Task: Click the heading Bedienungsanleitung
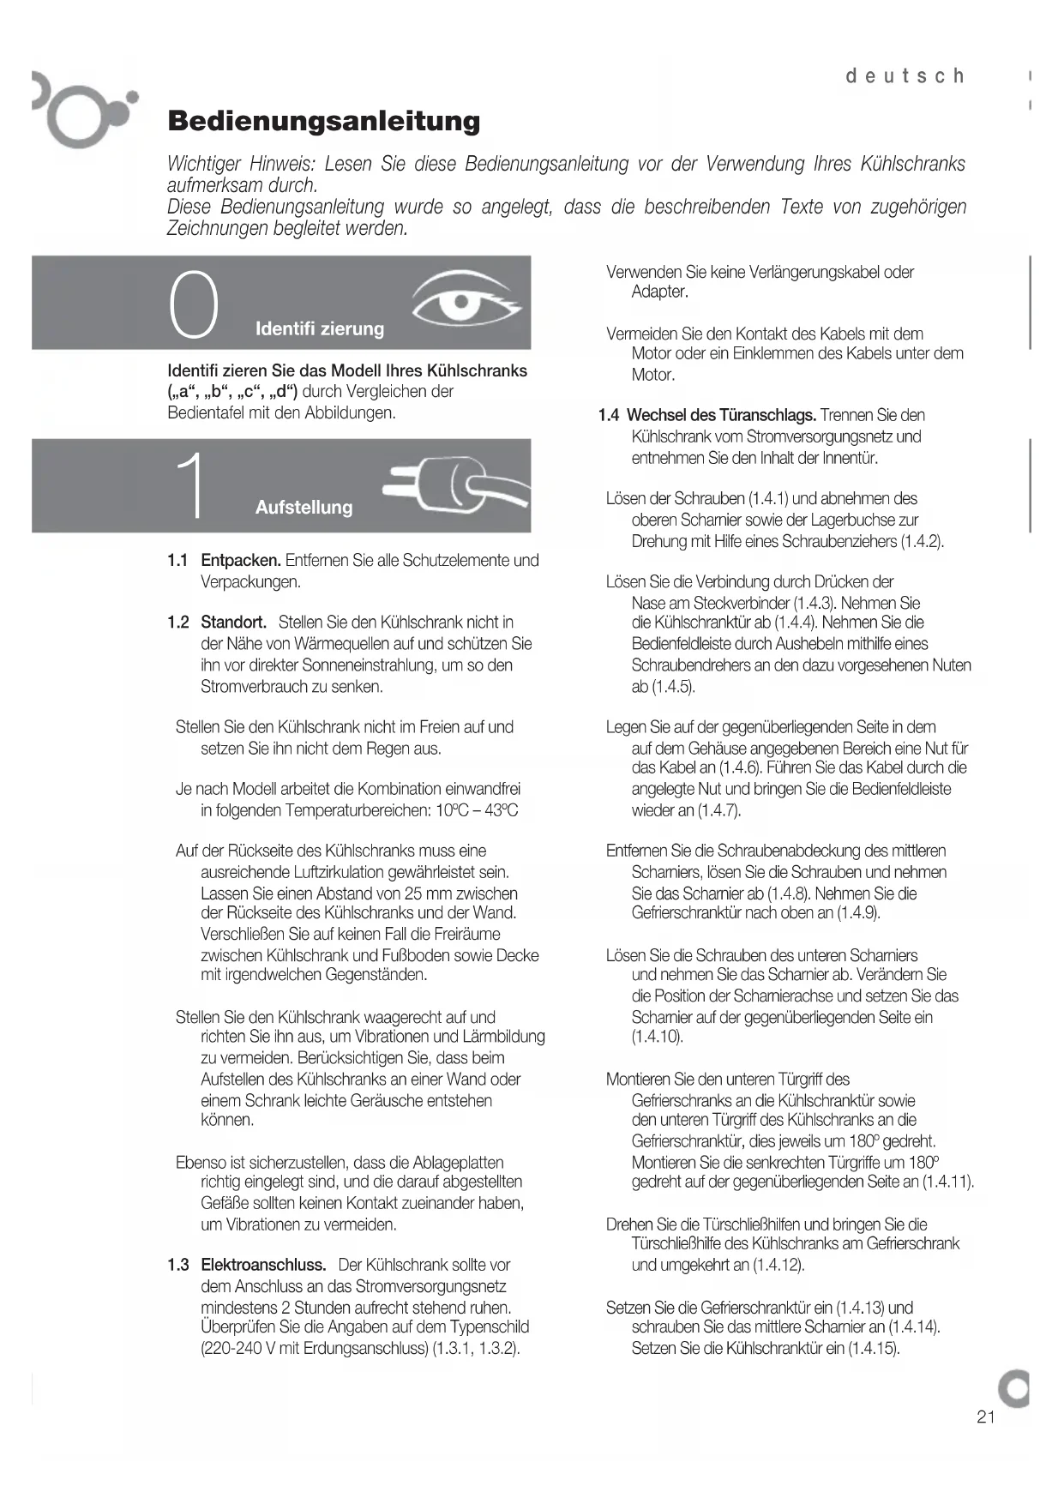pyautogui.click(x=323, y=121)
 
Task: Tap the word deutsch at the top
pyautogui.click(x=905, y=76)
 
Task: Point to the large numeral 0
pyautogui.click(x=194, y=304)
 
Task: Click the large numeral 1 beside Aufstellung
pyautogui.click(x=192, y=485)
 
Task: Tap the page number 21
pyautogui.click(x=986, y=1417)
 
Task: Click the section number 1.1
pyautogui.click(x=177, y=561)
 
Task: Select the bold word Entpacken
pyautogui.click(x=241, y=561)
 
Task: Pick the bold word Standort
pyautogui.click(x=233, y=623)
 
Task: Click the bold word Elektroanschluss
pyautogui.click(x=263, y=1265)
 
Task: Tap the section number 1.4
pyautogui.click(x=609, y=416)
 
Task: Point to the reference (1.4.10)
pyautogui.click(x=658, y=1037)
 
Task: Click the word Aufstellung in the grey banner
pyautogui.click(x=304, y=508)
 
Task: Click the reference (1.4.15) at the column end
pyautogui.click(x=873, y=1348)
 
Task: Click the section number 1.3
pyautogui.click(x=177, y=1265)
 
